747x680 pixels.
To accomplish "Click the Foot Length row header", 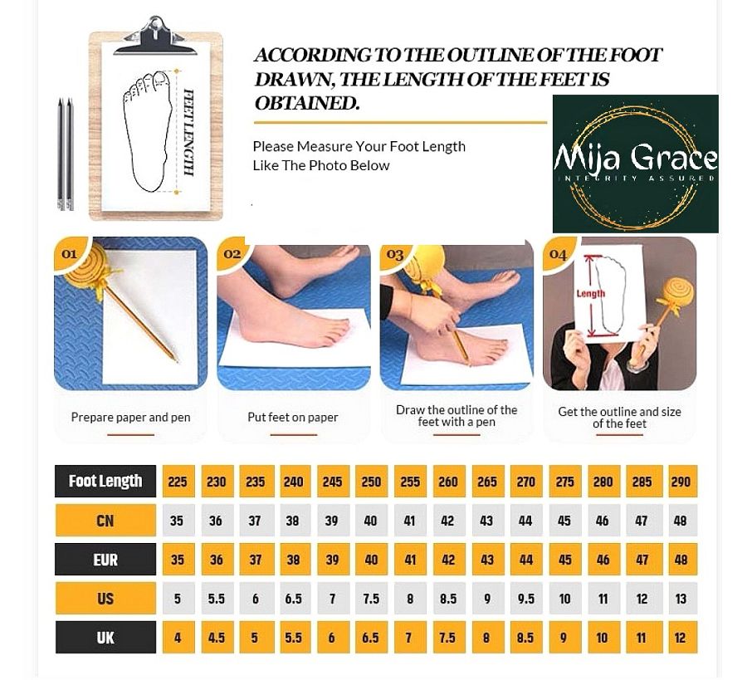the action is coord(105,481).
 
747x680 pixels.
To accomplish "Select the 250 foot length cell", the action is coord(371,482).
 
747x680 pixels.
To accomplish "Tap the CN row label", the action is coord(105,521).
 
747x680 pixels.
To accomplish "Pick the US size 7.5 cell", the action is coord(371,599).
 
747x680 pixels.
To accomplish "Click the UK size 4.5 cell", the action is coord(217,637).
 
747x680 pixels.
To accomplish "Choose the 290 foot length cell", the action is coord(681,482).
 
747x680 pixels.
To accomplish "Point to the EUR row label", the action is coord(105,560).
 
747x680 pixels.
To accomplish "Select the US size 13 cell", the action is coord(681,599).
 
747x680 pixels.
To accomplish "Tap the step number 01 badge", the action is coord(69,253).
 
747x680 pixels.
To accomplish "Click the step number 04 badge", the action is coord(558,254).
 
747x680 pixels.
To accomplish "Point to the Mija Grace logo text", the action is coord(636,159).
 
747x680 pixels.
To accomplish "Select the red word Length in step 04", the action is coord(591,294).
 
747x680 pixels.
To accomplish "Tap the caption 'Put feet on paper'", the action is coord(292,418).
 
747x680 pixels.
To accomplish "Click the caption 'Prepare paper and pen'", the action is coord(130,418).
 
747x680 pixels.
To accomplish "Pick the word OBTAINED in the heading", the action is coord(307,103).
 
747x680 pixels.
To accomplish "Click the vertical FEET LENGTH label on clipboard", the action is coord(189,133).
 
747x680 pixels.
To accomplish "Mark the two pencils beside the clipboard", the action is coord(66,154).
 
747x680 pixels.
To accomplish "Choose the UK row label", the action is coord(105,637).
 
